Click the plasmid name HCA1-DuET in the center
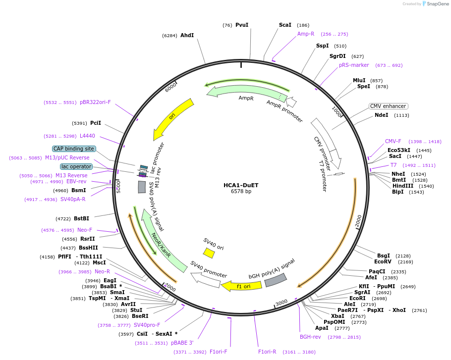(x=241, y=185)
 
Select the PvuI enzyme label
(x=242, y=25)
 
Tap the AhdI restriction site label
(x=187, y=35)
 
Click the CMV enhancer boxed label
(x=388, y=106)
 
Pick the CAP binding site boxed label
(x=73, y=149)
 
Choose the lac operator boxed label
(x=76, y=166)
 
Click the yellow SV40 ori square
(x=209, y=253)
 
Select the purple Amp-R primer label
(x=306, y=34)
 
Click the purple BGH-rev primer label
(x=310, y=337)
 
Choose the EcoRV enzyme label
(x=383, y=261)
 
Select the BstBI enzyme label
(x=81, y=218)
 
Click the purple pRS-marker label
(x=354, y=65)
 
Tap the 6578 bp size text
(x=241, y=192)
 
